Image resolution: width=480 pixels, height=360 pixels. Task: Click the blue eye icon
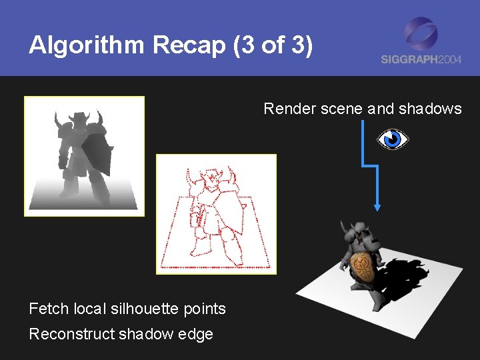(x=393, y=139)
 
